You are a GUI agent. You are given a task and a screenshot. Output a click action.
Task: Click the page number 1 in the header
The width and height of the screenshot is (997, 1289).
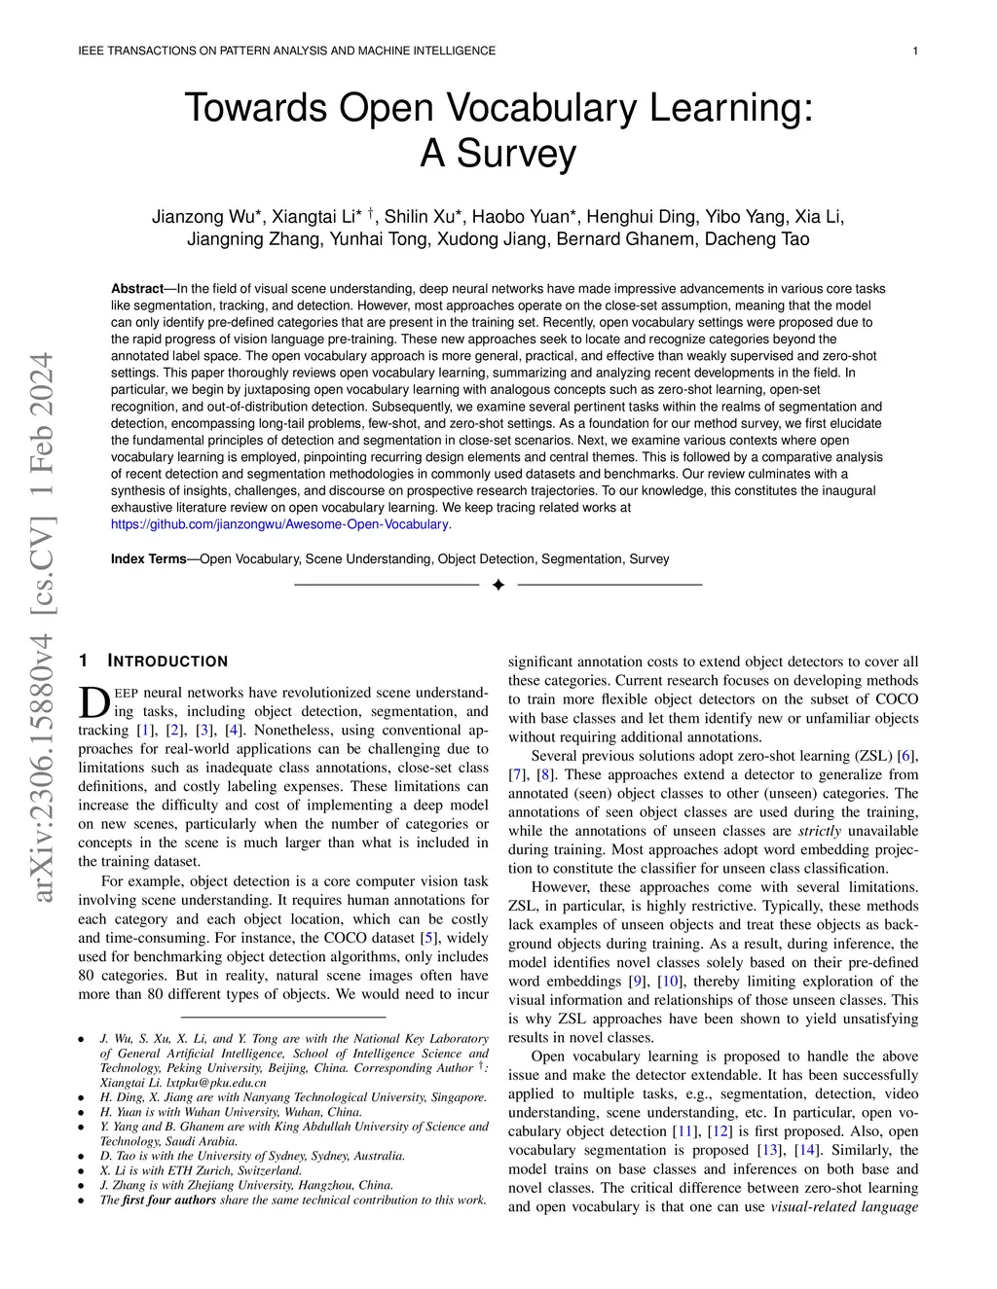(916, 51)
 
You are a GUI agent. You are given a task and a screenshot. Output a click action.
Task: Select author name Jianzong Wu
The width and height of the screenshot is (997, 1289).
(202, 217)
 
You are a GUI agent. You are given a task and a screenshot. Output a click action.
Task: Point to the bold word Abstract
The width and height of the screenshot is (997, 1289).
(137, 289)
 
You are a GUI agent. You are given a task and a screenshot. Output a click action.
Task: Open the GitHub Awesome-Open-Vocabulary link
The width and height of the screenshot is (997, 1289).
(279, 524)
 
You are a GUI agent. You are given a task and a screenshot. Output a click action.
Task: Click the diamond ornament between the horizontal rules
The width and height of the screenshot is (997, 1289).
(498, 585)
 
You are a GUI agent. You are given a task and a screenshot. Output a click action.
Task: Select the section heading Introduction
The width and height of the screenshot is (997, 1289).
(167, 662)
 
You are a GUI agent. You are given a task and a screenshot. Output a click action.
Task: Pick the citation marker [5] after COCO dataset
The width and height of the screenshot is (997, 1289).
(427, 939)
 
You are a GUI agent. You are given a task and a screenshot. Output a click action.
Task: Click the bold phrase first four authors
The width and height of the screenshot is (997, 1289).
(168, 1199)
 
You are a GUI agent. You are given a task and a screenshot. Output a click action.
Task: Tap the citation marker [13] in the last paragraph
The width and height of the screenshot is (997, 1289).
(768, 1151)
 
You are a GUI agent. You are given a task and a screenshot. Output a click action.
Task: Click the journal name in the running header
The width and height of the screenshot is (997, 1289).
(286, 51)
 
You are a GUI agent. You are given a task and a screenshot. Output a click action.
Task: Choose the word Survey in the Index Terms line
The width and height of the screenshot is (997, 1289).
(649, 559)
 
